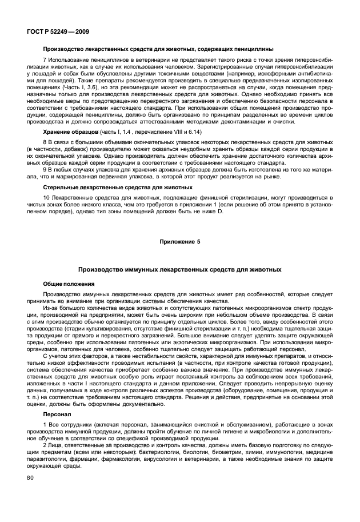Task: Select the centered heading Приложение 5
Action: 180,242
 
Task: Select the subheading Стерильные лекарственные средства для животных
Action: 118,187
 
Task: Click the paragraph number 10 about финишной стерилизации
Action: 46,197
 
